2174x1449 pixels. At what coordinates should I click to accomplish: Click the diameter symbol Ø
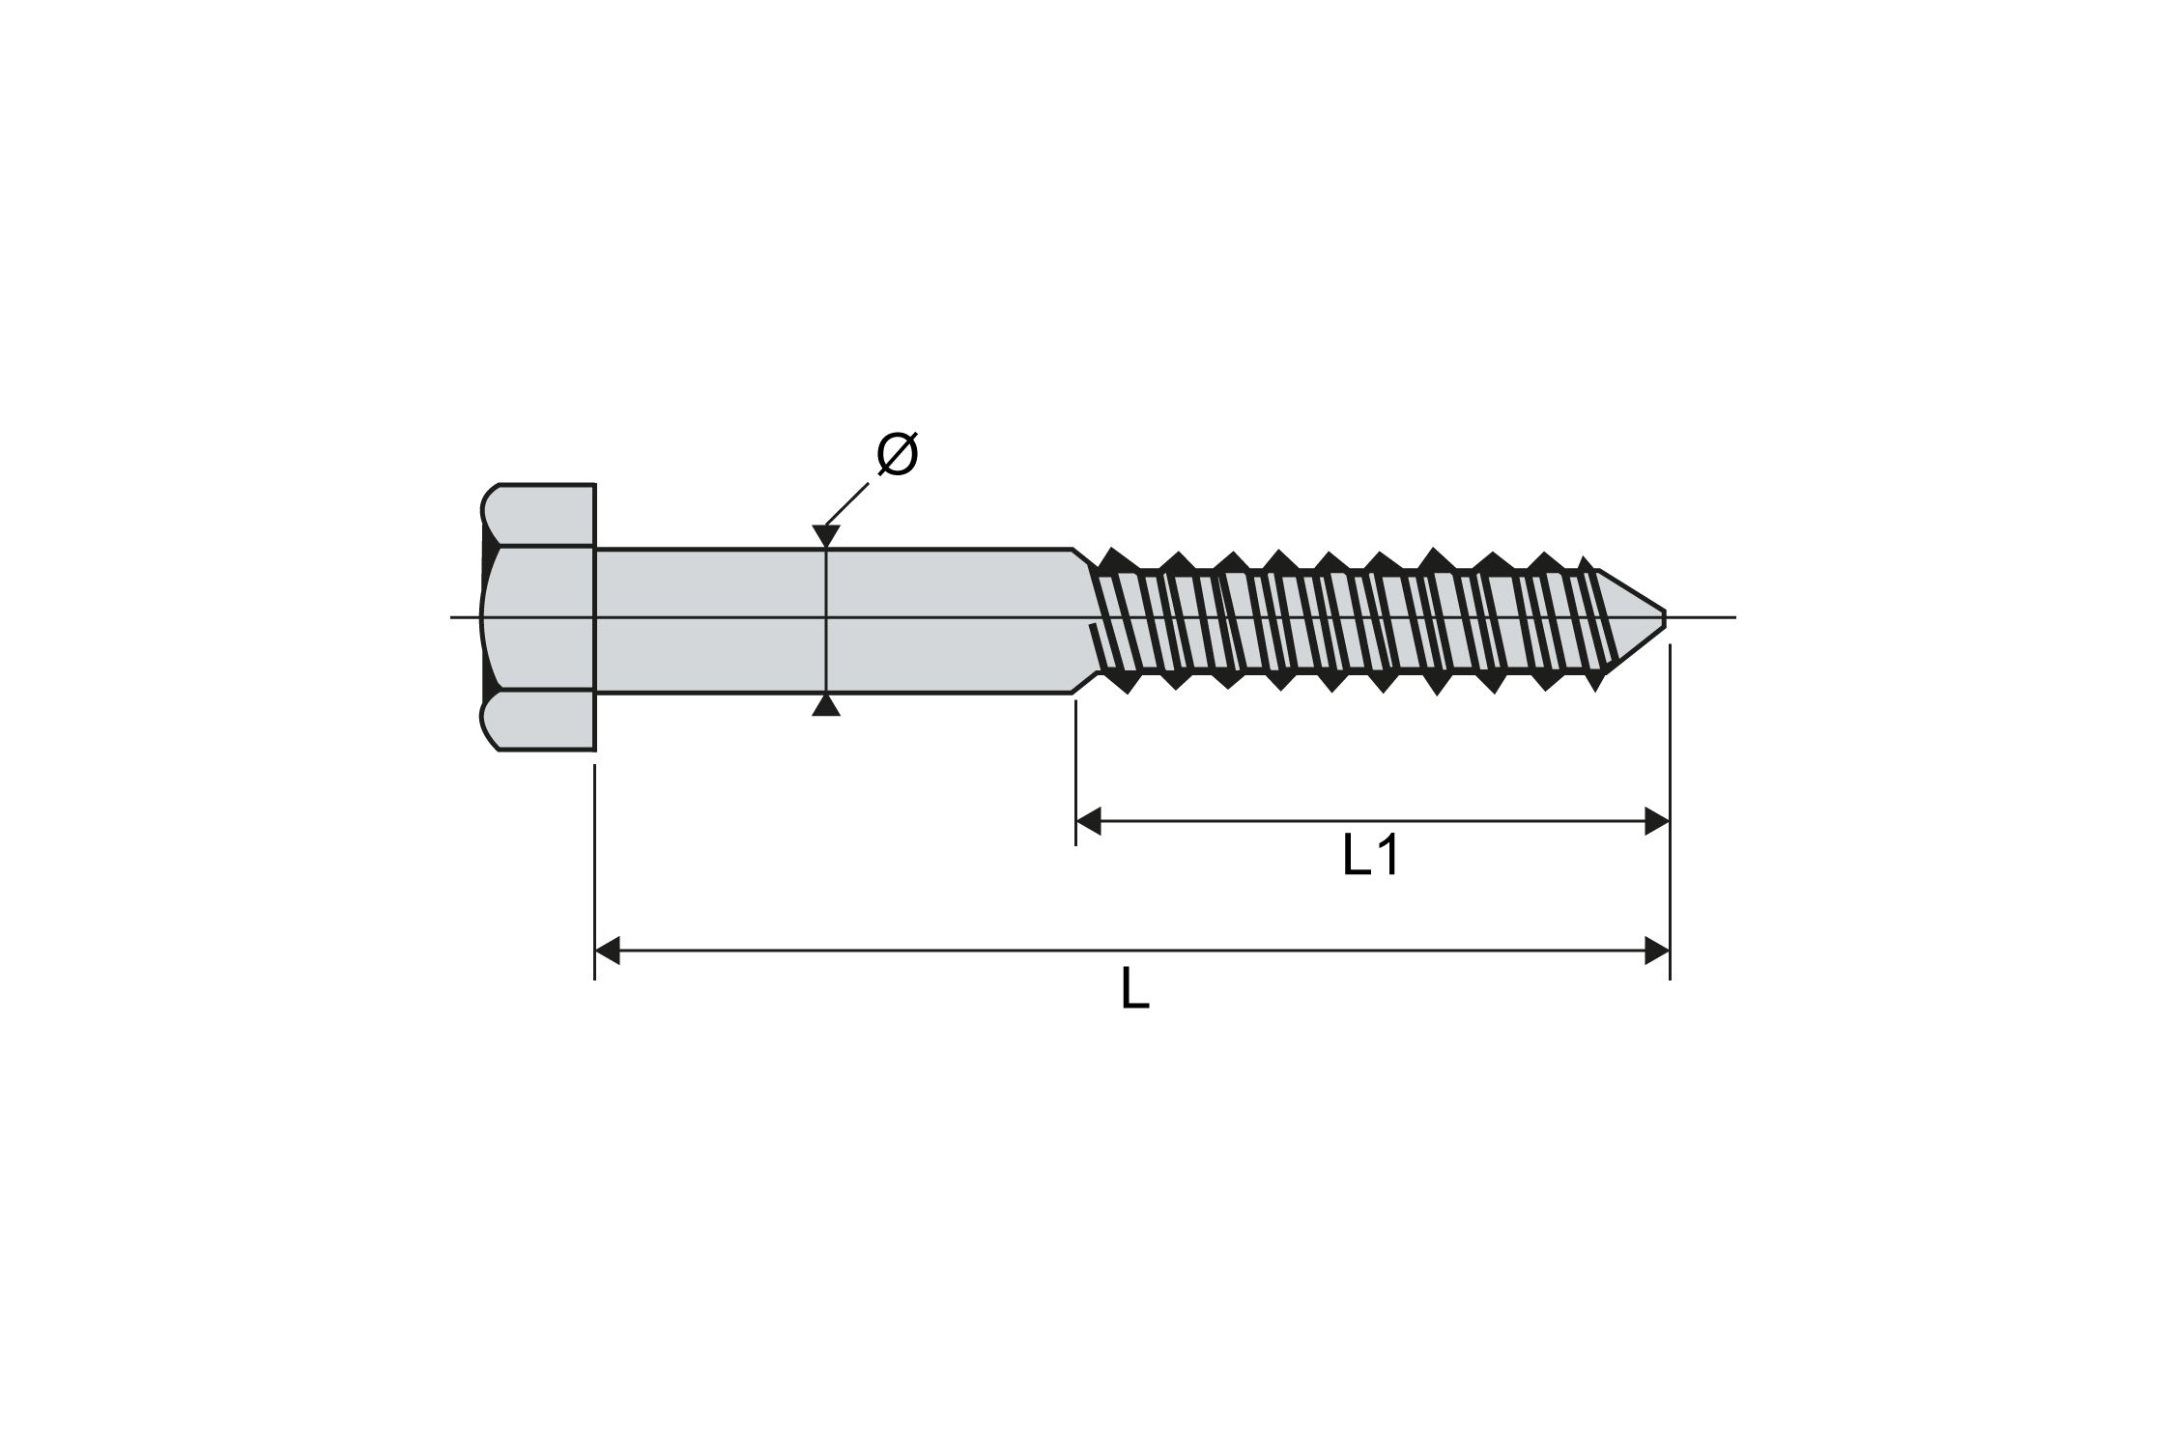[897, 454]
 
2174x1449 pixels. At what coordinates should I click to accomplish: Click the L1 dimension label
[1370, 856]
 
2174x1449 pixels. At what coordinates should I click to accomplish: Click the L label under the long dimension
[1134, 989]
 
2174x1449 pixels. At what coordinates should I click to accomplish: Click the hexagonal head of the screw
[538, 616]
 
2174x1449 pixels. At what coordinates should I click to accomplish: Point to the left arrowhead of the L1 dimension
[1089, 822]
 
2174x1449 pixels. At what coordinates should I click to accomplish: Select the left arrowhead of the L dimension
[608, 951]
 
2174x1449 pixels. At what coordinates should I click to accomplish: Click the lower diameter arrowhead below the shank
[825, 706]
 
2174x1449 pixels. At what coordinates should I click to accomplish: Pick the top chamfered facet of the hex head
[538, 515]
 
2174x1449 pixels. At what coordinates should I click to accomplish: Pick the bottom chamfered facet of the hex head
[538, 720]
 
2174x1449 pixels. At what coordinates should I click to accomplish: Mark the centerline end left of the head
[454, 616]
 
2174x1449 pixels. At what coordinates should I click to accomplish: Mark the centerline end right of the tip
[1731, 616]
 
